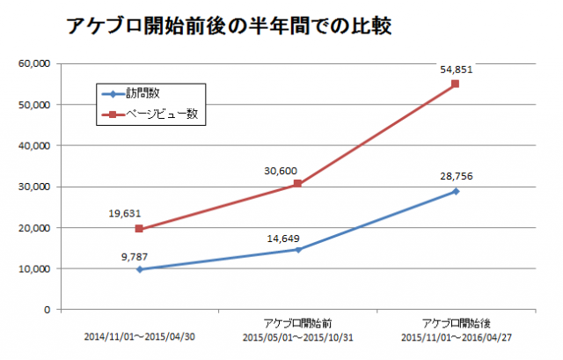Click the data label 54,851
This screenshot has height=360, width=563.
click(457, 67)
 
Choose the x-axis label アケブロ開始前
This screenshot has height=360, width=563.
click(297, 325)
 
